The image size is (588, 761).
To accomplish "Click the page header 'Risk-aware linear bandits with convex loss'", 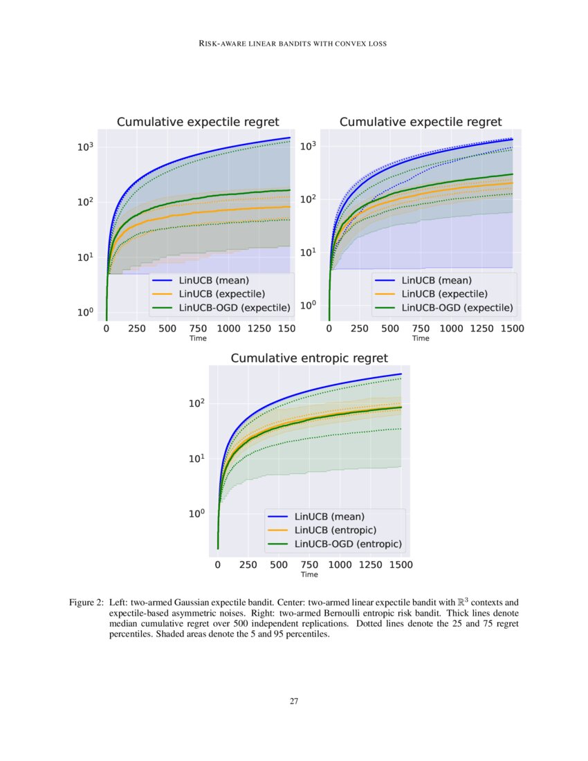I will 293,44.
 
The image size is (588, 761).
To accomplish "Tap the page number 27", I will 294,701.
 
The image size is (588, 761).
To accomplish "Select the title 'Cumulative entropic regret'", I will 309,358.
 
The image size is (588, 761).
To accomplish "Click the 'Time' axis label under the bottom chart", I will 309,575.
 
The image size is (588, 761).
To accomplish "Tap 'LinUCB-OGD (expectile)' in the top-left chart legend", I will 235,307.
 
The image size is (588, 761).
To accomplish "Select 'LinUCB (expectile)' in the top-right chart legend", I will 444,294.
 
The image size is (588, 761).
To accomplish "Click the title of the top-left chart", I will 198,122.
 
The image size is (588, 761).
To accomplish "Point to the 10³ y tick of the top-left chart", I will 86,147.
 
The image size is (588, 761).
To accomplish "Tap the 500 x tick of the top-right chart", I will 390,329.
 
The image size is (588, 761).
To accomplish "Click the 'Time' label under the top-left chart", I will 198,339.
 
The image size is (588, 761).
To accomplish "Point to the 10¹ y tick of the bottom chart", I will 198,459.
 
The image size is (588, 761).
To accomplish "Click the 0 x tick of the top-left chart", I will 106,329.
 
